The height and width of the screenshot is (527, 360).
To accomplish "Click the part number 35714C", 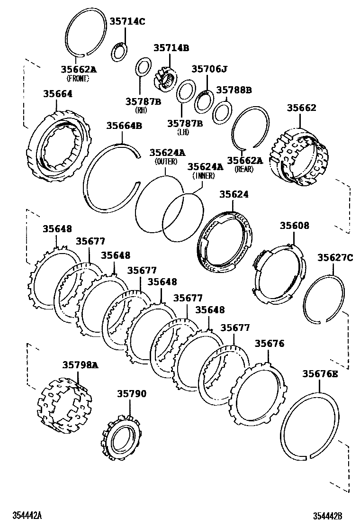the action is [127, 21].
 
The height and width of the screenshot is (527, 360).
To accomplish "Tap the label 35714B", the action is [171, 48].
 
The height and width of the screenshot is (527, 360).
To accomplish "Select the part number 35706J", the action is [209, 69].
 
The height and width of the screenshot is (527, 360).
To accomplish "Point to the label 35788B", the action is [234, 90].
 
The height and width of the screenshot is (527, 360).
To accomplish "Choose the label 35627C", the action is [335, 257].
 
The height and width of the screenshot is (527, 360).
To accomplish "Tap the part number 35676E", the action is [320, 374].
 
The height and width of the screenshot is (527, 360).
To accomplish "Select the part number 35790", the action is [132, 394].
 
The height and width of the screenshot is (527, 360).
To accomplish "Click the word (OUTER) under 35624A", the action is [166, 162].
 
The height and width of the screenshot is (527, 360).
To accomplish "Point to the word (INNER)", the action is [204, 176].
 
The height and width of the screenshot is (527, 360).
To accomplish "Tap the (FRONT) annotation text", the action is [78, 79].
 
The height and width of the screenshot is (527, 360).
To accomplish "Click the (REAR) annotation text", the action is [244, 170].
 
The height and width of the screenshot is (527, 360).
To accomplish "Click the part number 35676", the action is [270, 344].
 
